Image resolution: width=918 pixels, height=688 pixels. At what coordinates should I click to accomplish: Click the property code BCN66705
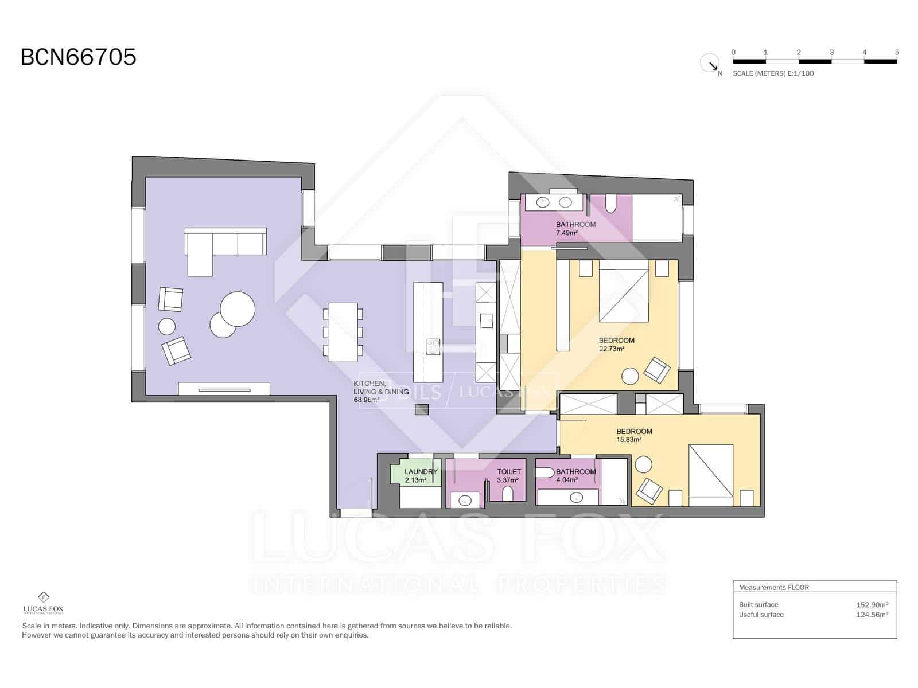tap(79, 57)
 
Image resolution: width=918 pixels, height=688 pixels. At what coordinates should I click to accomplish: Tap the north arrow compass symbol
tap(710, 63)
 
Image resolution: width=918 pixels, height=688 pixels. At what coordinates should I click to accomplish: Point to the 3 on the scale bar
tap(831, 52)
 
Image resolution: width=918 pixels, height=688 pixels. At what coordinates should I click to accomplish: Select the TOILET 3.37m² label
tap(508, 475)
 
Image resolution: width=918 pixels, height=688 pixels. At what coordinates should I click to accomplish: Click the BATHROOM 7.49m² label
tap(575, 228)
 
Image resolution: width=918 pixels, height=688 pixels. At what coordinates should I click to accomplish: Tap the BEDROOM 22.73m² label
tap(616, 344)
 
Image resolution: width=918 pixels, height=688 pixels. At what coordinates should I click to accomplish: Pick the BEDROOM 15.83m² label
tap(633, 435)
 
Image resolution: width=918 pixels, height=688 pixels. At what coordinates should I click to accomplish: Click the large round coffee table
tap(238, 309)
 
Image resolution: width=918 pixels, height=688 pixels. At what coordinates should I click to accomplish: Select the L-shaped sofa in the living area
tap(224, 245)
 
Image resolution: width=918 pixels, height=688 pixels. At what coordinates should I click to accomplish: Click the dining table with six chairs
tap(343, 333)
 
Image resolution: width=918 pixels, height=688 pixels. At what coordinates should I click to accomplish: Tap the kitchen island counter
tap(428, 333)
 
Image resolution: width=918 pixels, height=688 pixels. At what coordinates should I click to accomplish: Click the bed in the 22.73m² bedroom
tap(624, 291)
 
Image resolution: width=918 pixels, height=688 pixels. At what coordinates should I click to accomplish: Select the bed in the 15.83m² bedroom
tap(711, 475)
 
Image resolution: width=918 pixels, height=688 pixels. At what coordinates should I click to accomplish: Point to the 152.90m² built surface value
tap(872, 604)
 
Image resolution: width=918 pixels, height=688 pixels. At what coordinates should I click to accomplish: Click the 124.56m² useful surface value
tap(872, 615)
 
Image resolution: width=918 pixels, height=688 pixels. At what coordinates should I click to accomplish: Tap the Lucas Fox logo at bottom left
tap(43, 602)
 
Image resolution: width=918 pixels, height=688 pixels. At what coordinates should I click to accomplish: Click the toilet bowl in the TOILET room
tap(508, 493)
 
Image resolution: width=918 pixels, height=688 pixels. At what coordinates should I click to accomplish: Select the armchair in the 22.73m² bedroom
tap(656, 370)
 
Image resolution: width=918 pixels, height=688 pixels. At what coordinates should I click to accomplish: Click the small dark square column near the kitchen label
tap(422, 409)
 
